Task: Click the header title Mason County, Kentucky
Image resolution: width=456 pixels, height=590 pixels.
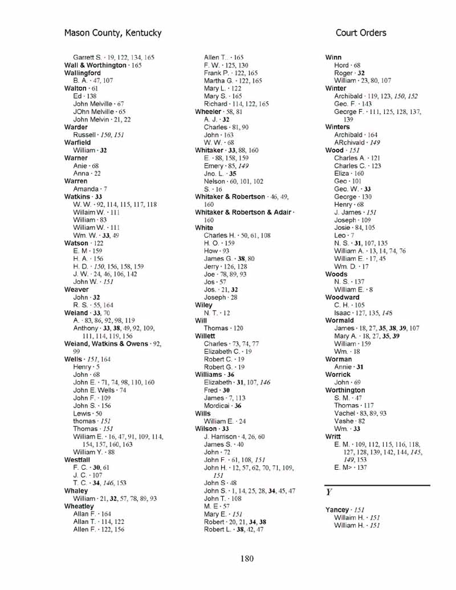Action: [x=113, y=33]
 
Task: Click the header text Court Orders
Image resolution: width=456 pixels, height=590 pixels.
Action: [x=361, y=33]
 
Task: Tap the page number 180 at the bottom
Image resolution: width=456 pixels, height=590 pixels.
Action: [x=246, y=559]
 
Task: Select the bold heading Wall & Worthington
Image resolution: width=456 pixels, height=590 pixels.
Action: [x=95, y=66]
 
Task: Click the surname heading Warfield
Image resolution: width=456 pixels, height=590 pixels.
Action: [x=77, y=143]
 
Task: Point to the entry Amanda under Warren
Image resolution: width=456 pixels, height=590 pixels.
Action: [x=85, y=189]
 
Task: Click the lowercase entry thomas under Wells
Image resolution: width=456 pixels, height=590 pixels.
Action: [x=84, y=421]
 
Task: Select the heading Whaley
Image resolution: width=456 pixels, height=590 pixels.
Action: [x=76, y=491]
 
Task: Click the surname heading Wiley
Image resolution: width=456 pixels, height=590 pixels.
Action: [x=203, y=305]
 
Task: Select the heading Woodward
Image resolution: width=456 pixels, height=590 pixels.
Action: [x=342, y=297]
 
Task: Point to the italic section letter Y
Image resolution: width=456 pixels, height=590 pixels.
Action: [x=329, y=491]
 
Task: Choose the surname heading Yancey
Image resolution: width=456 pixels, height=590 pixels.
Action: [x=337, y=510]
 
